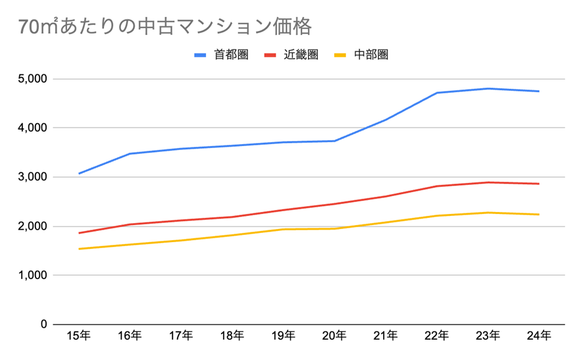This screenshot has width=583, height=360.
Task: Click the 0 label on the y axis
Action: tap(43, 324)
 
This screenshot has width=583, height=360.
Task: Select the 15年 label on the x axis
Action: tap(79, 336)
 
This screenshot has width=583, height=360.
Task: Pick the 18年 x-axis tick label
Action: tap(232, 336)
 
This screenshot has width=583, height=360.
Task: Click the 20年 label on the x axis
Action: tap(334, 336)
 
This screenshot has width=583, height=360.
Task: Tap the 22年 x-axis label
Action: tap(437, 336)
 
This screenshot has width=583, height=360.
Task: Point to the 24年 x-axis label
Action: tap(539, 336)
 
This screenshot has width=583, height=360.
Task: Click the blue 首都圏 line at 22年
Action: tap(437, 93)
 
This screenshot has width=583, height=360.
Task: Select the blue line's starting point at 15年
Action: tap(79, 173)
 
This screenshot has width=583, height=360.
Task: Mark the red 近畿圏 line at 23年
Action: tap(488, 182)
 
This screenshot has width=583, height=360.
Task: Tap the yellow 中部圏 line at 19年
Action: tap(284, 229)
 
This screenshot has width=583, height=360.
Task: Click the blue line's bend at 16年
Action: tap(130, 154)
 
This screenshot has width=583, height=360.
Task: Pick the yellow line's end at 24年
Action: tap(539, 215)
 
